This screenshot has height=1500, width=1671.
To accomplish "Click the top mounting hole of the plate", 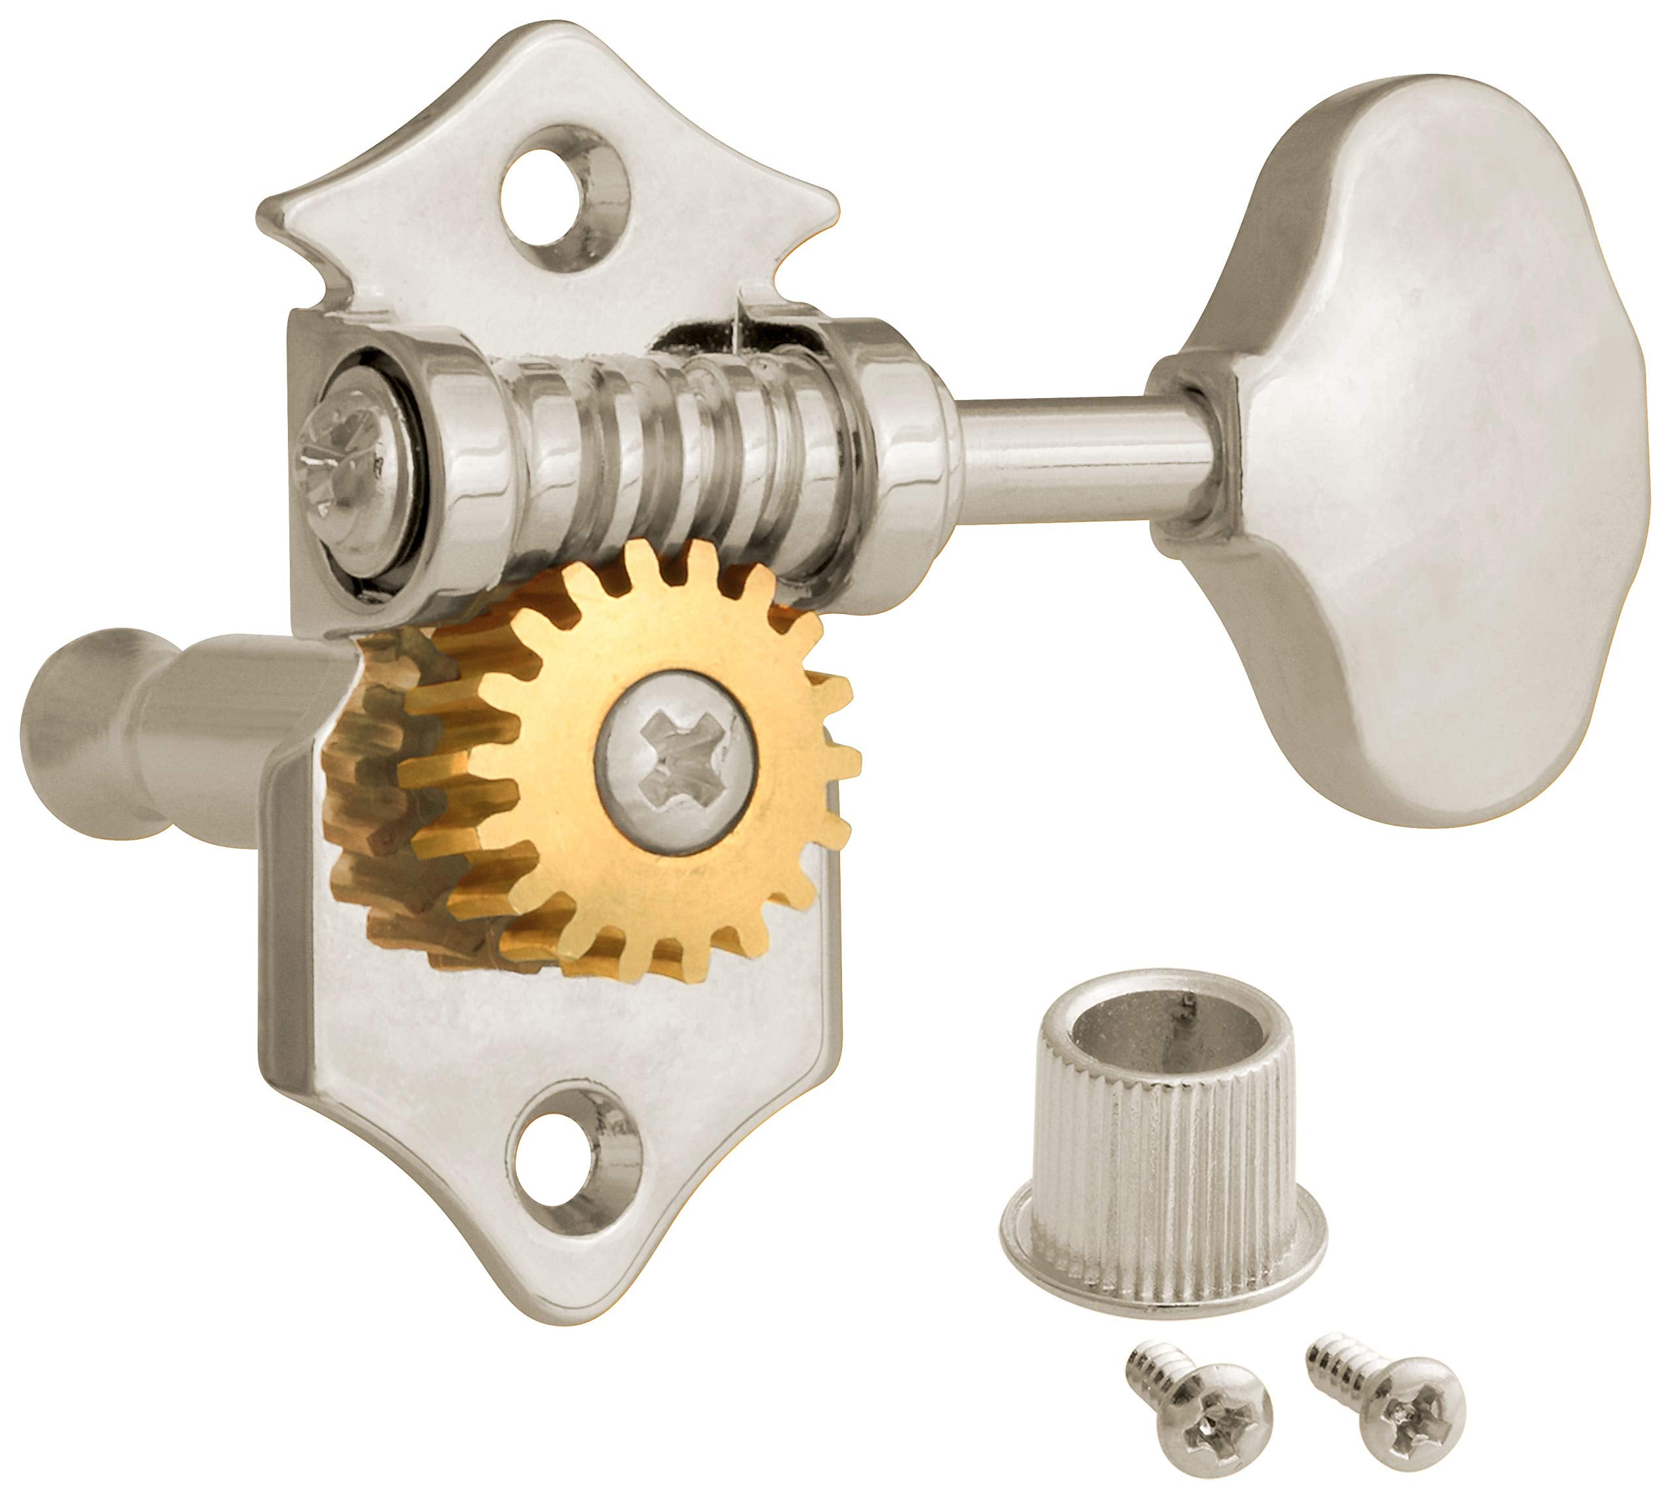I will click(564, 198).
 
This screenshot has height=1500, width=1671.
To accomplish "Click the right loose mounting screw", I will click(1393, 1385).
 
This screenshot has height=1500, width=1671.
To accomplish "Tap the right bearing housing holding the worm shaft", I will click(899, 461).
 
